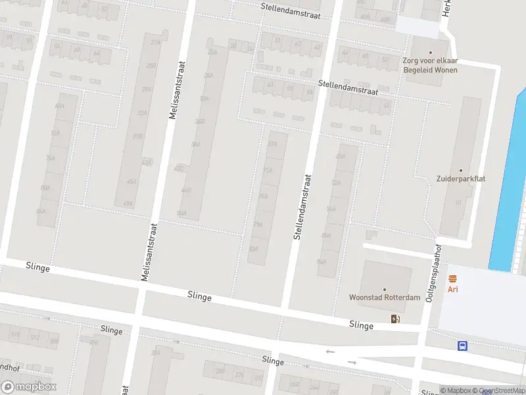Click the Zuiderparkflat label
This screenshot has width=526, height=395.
tap(460, 178)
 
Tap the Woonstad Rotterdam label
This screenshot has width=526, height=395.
tap(385, 297)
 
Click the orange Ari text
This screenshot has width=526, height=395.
tap(452, 289)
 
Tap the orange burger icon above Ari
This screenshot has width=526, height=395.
tap(452, 279)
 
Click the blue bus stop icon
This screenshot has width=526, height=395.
tap(462, 346)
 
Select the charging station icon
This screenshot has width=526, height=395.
tap(394, 319)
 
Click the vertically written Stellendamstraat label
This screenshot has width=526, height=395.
tap(302, 206)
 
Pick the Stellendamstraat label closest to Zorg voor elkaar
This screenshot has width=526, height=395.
tap(348, 88)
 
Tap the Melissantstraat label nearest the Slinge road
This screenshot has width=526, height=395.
tap(149, 251)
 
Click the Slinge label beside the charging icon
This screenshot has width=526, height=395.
tap(361, 325)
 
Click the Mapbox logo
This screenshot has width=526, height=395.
tap(29, 387)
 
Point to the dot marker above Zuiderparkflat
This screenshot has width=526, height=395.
tap(460, 171)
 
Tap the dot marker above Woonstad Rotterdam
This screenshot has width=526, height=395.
tap(385, 289)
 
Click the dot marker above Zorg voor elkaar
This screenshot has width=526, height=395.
tap(431, 53)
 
